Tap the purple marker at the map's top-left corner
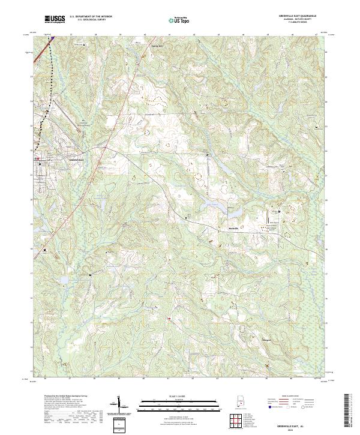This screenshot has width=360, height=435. tap(52, 37)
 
